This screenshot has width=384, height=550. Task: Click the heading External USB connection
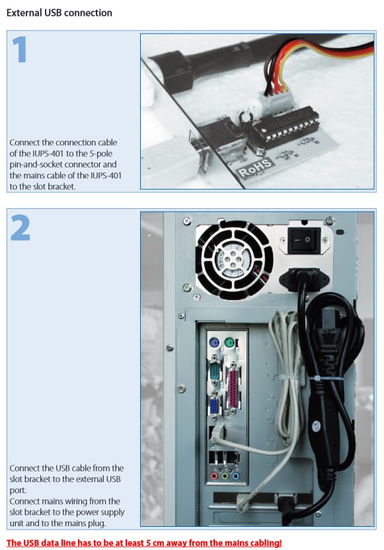point(59,13)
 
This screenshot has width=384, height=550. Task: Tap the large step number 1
point(20,50)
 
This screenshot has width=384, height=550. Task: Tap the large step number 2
point(20,227)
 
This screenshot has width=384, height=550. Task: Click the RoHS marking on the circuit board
point(254,168)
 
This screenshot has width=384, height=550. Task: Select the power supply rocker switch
point(303,240)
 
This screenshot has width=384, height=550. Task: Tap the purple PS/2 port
point(214,342)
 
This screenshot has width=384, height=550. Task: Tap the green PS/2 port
point(229,342)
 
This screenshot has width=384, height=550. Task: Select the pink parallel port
point(233,389)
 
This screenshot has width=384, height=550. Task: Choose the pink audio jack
point(214,477)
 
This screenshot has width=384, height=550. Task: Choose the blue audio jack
point(236,477)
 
